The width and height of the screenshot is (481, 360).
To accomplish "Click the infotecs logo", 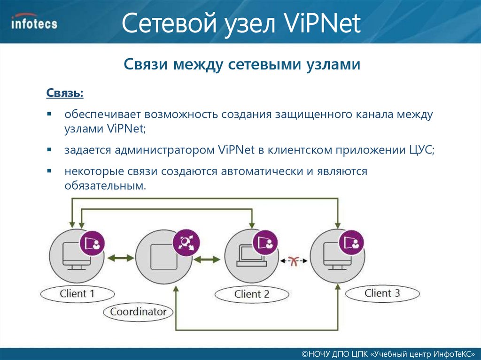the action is tap(34, 22).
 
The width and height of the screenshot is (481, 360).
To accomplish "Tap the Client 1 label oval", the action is tap(78, 294).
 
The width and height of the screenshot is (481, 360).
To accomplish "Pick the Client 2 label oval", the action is tap(252, 295).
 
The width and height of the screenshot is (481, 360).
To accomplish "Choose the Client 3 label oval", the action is tap(382, 294).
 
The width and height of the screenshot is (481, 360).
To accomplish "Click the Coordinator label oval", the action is tap(138, 311).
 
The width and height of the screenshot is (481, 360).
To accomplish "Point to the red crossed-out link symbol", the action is tap(294, 261).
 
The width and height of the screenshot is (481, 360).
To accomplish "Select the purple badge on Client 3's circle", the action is tap(353, 242).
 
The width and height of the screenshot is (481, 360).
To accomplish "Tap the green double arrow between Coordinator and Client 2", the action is tap(208, 259).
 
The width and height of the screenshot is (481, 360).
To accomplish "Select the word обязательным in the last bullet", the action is tap(104, 186).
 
